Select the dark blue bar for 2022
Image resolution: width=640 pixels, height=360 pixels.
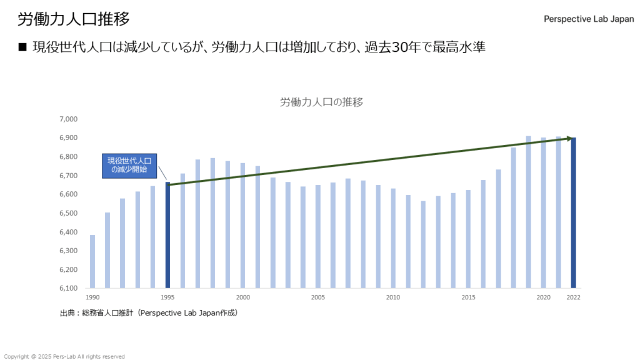coord(573,213)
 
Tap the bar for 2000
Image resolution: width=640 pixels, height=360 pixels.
coord(242,226)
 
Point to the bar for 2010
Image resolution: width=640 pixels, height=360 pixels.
coord(393,238)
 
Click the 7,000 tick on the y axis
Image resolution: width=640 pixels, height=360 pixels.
coord(67,119)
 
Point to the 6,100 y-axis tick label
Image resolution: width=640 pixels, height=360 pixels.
coord(67,288)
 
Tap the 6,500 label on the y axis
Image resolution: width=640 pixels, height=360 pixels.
coord(67,213)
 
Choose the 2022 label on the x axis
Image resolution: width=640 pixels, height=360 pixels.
coord(573,297)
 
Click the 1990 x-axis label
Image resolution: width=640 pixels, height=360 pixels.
coord(92,297)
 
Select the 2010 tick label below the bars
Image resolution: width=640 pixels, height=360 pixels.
coord(393,297)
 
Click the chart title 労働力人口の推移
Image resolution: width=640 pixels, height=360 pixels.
coord(321,102)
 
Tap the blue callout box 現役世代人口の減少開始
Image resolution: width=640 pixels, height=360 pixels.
coord(129,166)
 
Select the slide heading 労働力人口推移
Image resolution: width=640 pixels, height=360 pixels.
coord(74,19)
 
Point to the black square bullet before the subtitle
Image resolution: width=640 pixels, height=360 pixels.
coord(23,47)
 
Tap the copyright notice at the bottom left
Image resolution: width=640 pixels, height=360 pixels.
coord(64,356)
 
